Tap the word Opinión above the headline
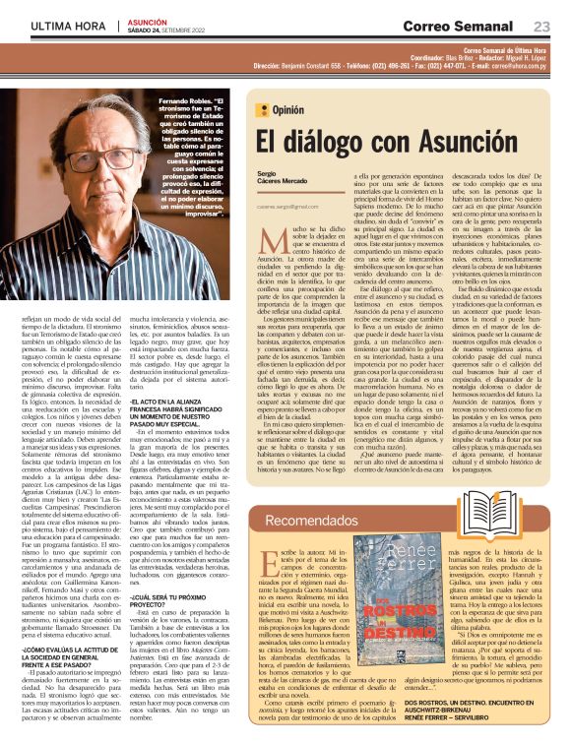[x=293, y=110]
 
